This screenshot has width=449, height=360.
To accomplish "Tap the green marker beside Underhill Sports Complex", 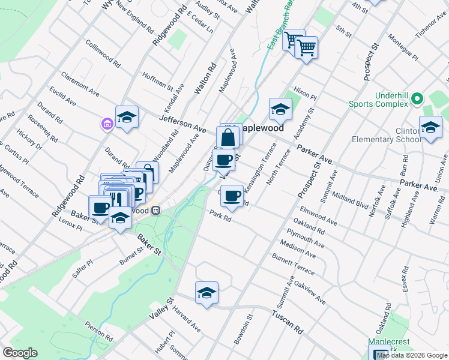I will (418, 100).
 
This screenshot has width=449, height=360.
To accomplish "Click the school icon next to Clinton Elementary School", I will (430, 127).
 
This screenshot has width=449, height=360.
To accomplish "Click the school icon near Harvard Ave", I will (206, 293).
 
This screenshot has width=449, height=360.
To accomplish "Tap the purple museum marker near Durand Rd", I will (107, 124).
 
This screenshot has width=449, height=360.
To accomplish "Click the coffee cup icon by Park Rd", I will (232, 195).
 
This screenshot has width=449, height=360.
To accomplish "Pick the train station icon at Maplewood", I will (156, 211).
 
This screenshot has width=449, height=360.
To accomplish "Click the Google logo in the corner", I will (20, 353).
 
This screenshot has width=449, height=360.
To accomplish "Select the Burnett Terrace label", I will (293, 264).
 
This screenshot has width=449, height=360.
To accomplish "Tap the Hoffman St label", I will (157, 80).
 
